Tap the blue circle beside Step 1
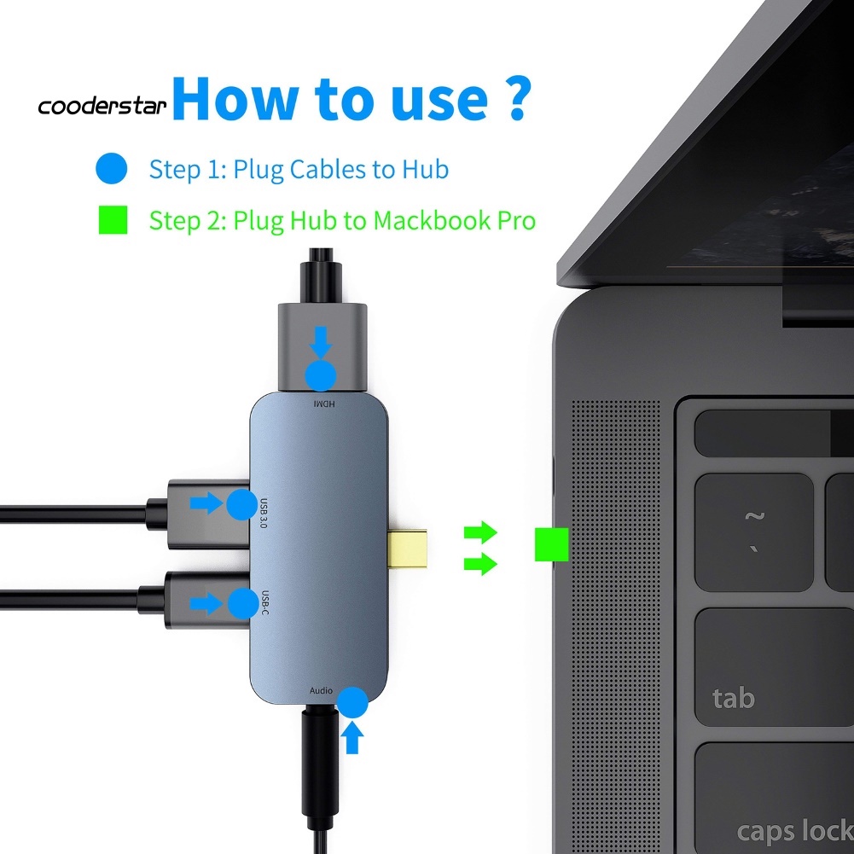[112, 168]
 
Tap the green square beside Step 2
[112, 220]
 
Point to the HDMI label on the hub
[322, 402]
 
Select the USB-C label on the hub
[264, 603]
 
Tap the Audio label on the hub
[321, 690]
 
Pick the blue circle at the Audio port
[352, 703]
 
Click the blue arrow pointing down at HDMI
[322, 343]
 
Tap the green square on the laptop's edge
[551, 544]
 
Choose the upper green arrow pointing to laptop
[479, 533]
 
